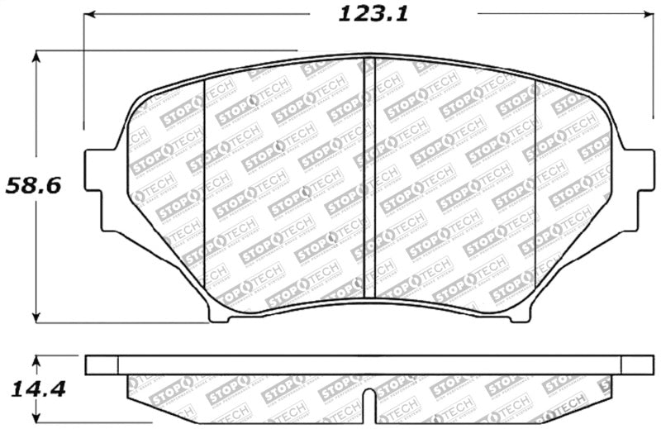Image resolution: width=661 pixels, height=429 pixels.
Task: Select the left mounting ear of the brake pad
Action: (99, 191)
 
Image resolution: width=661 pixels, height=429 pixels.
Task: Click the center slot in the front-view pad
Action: (370, 178)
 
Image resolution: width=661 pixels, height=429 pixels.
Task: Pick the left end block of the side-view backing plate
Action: (102, 365)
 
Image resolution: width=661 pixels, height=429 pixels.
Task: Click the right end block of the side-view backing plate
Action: (637, 365)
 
